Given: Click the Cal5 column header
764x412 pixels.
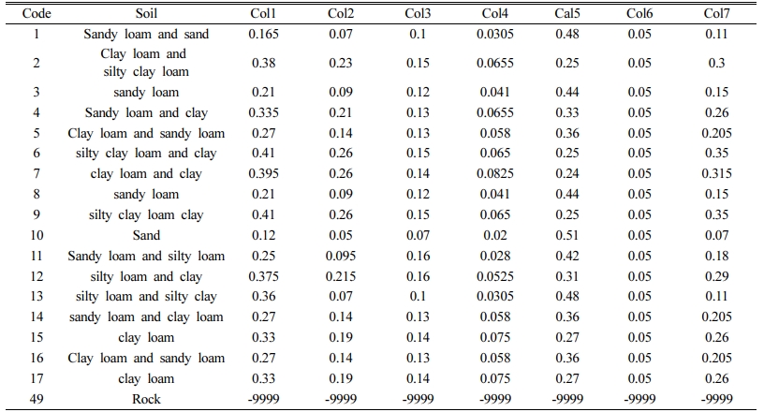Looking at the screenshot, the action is pyautogui.click(x=567, y=13).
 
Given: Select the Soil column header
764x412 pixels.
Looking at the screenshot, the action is pyautogui.click(x=146, y=13).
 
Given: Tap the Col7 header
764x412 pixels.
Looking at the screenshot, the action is pyautogui.click(x=716, y=13).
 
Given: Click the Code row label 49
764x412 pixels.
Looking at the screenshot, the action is pyautogui.click(x=37, y=399).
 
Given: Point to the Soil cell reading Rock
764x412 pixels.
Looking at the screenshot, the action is pyautogui.click(x=146, y=399).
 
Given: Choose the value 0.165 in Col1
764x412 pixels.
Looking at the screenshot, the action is pyautogui.click(x=264, y=34).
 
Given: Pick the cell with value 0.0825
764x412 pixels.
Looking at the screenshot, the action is pyautogui.click(x=495, y=173).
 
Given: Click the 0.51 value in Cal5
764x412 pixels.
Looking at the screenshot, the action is pyautogui.click(x=567, y=235).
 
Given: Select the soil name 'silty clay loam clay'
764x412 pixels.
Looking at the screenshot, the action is pyautogui.click(x=146, y=215).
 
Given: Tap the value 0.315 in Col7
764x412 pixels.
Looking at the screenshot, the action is pyautogui.click(x=716, y=173).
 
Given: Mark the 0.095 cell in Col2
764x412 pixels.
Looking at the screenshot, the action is pyautogui.click(x=341, y=256).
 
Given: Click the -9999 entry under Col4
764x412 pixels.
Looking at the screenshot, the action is pyautogui.click(x=495, y=399).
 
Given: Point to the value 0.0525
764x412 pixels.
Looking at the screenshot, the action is pyautogui.click(x=495, y=276).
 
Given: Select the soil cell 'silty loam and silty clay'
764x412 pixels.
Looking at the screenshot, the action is pyautogui.click(x=146, y=297).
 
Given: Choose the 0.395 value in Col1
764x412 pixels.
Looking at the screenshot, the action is pyautogui.click(x=264, y=173).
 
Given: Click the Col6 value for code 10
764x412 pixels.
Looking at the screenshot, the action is pyautogui.click(x=639, y=235).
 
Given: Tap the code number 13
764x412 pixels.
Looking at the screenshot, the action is pyautogui.click(x=37, y=296).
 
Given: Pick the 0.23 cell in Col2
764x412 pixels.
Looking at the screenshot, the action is pyautogui.click(x=341, y=63).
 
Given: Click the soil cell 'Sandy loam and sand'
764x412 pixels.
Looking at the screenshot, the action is pyautogui.click(x=146, y=34).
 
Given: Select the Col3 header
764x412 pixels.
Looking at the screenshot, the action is pyautogui.click(x=418, y=13).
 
